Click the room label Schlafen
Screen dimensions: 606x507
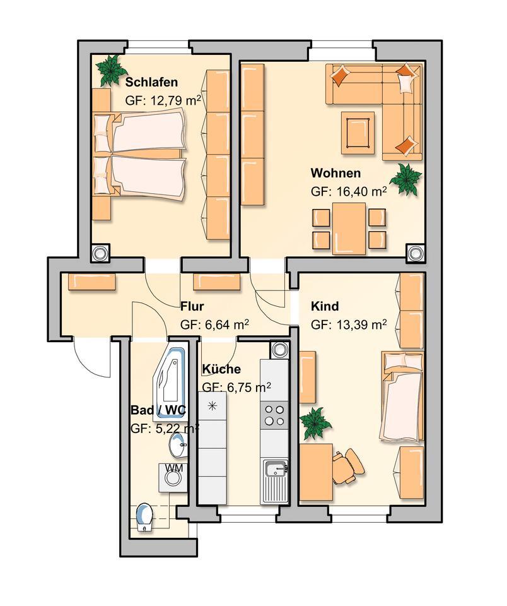[151, 82]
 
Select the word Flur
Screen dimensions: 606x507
[191, 307]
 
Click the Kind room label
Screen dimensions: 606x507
[325, 307]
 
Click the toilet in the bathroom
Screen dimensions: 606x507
[144, 517]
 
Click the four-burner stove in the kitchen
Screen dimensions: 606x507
[274, 415]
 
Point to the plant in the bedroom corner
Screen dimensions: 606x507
[110, 69]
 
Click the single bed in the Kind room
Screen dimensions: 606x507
[401, 398]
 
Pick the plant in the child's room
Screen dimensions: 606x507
[315, 422]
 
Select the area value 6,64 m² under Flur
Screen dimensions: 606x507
[214, 325]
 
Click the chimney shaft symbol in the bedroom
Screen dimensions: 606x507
[101, 253]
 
